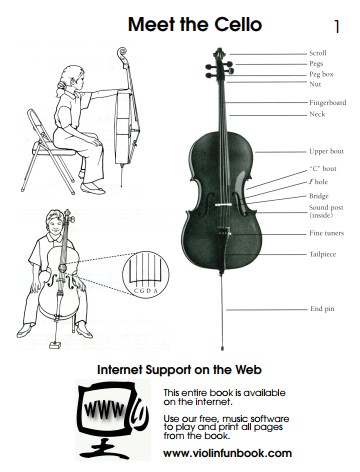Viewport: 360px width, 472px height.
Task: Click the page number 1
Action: click(337, 26)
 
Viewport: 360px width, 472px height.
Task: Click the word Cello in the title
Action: click(238, 24)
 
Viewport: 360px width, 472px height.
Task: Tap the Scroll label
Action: click(318, 53)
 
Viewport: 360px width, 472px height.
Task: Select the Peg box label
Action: click(321, 74)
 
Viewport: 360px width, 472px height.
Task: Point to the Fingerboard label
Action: click(328, 103)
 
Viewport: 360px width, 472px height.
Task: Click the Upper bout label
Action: click(326, 151)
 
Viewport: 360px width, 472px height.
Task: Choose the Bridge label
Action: click(319, 196)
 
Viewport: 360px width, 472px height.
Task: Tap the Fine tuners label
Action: click(326, 233)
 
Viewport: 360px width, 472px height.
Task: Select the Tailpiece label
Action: click(323, 254)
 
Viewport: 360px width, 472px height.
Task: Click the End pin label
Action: click(322, 309)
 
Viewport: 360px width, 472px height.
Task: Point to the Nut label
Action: click(315, 84)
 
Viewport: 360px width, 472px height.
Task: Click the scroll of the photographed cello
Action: click(219, 53)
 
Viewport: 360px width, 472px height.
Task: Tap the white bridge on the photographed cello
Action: click(223, 204)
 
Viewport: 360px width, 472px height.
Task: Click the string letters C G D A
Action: click(145, 291)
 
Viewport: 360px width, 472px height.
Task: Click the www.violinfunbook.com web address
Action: click(227, 453)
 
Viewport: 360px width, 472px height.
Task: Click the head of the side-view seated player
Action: click(71, 78)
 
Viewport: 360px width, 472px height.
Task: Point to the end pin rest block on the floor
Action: click(55, 345)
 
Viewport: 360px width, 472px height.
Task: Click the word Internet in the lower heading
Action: click(120, 370)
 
